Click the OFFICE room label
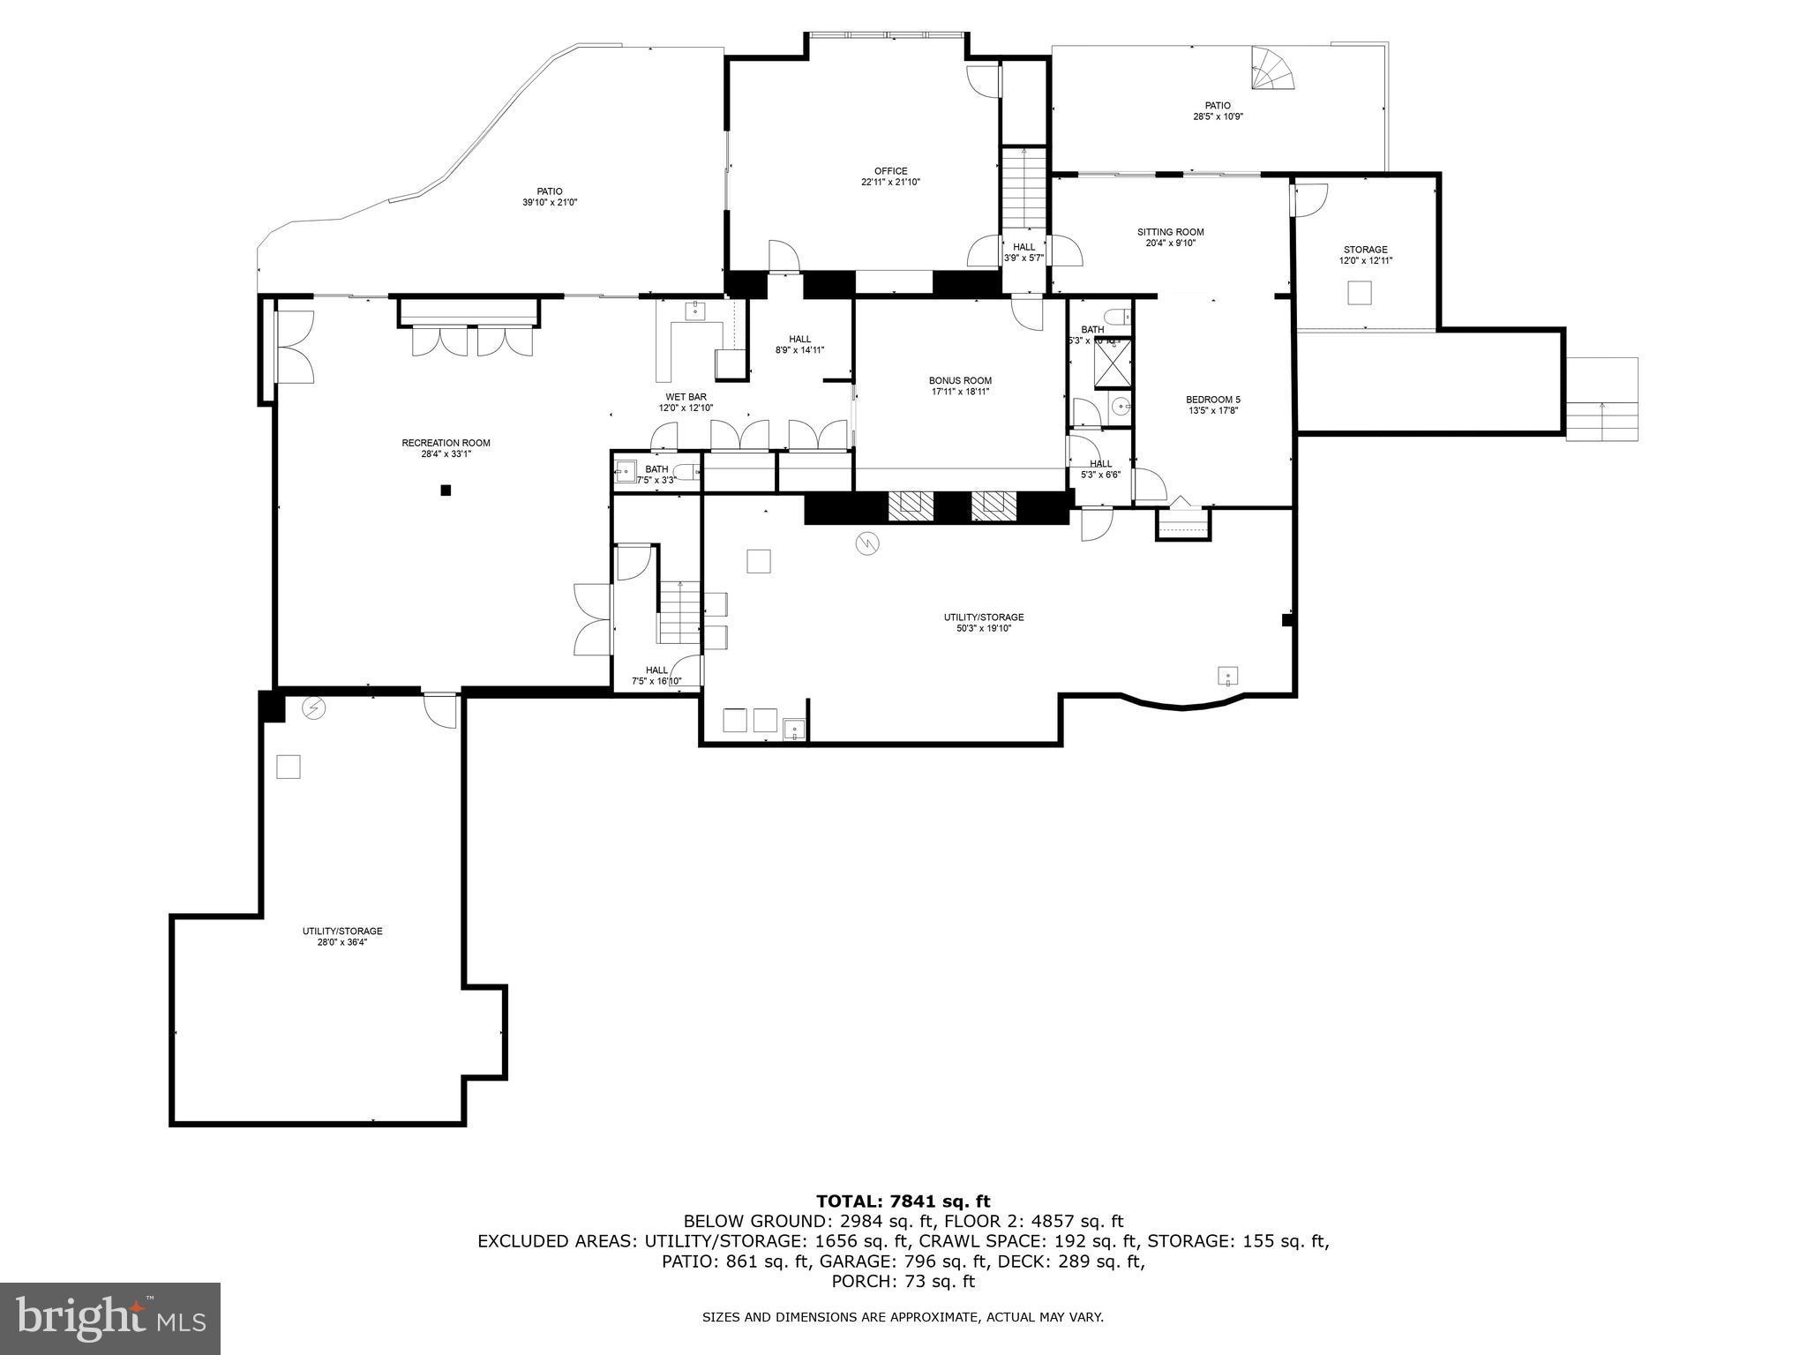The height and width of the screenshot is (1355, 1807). (x=890, y=171)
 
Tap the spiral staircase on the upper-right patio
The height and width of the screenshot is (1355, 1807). (x=1273, y=71)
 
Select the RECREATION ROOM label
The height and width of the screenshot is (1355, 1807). (x=446, y=443)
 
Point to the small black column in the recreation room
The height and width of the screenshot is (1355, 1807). (x=446, y=490)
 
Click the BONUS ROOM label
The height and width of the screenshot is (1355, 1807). (x=960, y=380)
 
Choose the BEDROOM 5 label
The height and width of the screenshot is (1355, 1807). (x=1212, y=400)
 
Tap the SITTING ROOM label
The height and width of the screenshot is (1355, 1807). (x=1170, y=232)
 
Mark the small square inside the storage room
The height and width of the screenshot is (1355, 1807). (x=1360, y=292)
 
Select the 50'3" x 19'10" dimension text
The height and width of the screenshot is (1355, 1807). (x=984, y=628)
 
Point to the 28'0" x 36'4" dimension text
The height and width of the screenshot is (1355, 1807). (x=342, y=941)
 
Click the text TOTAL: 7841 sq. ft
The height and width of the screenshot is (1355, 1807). (x=903, y=1201)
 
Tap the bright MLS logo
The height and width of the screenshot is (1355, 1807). (x=110, y=1319)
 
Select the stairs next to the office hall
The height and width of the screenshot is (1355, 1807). (x=1023, y=190)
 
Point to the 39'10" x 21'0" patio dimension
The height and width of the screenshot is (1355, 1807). (x=549, y=202)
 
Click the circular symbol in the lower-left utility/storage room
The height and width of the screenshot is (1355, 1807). (x=314, y=707)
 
